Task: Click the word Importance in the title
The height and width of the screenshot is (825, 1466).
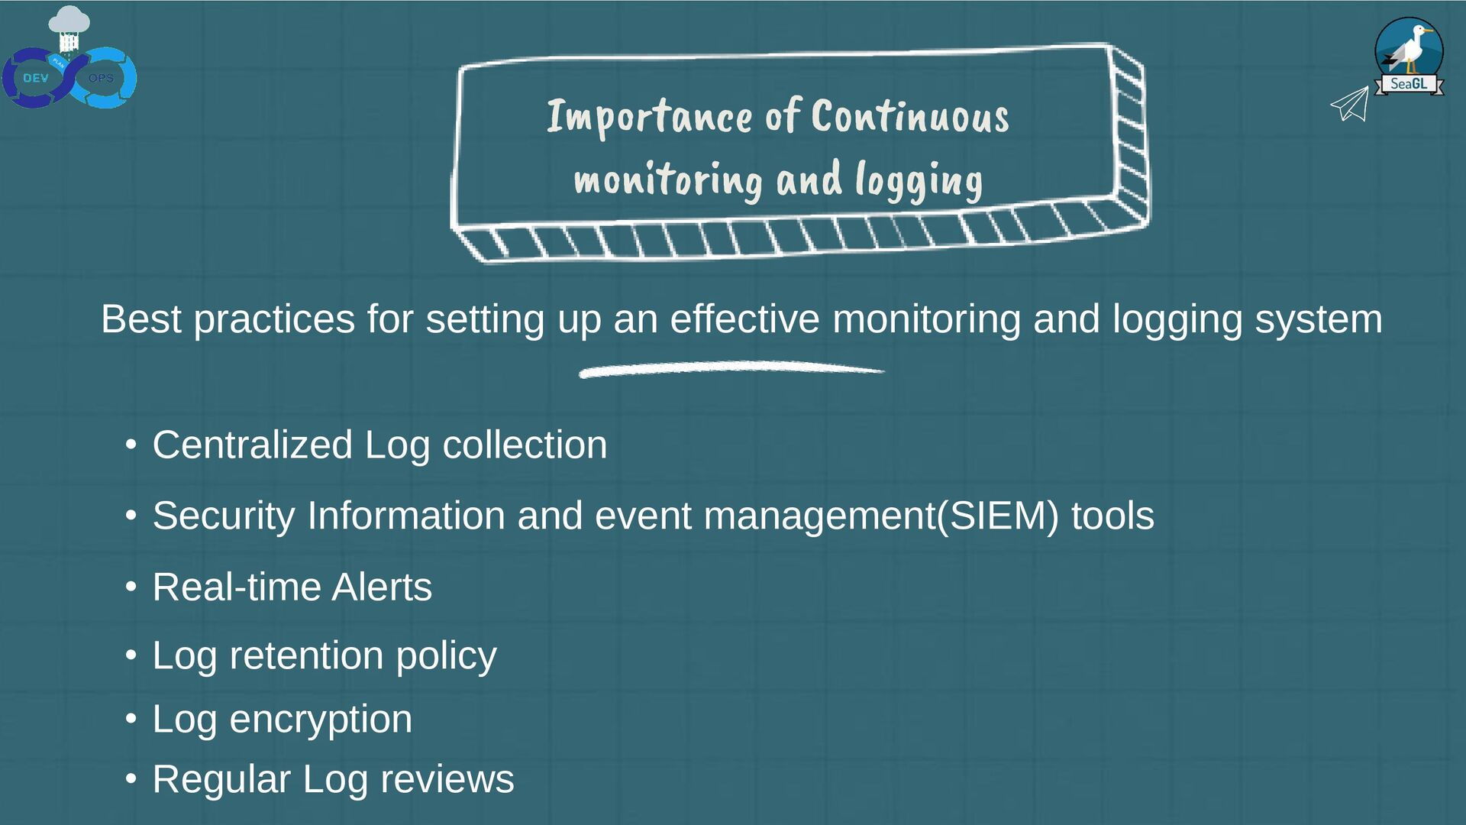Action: coord(649,117)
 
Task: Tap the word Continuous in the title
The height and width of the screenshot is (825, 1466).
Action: coord(910,117)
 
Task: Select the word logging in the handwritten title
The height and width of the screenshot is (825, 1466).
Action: coord(919,180)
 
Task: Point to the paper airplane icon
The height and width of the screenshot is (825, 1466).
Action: coord(1351,104)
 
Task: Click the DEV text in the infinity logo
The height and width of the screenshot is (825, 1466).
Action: coord(35,78)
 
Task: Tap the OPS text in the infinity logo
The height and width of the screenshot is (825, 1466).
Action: coord(101,78)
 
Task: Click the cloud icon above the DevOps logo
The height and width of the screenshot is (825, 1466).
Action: coord(69,21)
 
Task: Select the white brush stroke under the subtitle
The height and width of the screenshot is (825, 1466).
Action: coord(731,370)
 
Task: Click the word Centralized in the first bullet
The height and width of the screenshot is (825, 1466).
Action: coord(252,445)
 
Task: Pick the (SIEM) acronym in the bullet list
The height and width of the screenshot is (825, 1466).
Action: coord(998,516)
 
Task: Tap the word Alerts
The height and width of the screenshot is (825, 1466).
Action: coord(382,587)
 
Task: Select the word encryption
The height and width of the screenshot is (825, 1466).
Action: coord(321,720)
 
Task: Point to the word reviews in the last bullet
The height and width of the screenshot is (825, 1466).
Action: coord(447,780)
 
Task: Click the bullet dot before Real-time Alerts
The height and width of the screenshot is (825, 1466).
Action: coord(131,587)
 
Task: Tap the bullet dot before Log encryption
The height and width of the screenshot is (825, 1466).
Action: coord(131,718)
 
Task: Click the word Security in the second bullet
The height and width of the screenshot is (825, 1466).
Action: coord(223,516)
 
